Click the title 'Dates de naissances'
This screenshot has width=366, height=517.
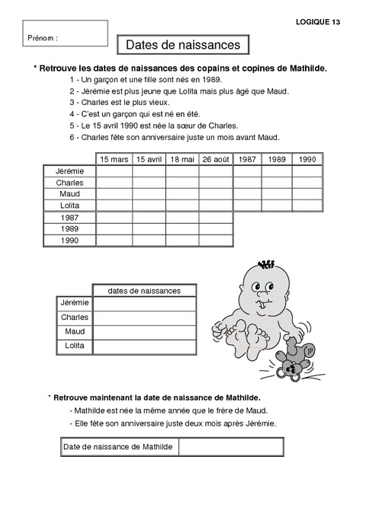point(182,46)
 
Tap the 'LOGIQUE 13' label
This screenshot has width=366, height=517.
point(318,22)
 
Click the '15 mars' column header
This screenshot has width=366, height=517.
point(114,159)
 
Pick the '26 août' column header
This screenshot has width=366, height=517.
point(216,159)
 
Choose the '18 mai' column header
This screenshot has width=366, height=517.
point(182,159)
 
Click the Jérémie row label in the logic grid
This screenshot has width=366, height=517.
point(69,171)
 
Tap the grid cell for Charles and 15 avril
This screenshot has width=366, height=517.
point(149,183)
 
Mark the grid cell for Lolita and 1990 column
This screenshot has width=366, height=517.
point(307,206)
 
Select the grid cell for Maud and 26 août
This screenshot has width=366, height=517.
point(216,194)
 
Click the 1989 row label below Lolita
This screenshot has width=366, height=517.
point(69,228)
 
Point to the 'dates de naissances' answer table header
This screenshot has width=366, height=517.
point(144,290)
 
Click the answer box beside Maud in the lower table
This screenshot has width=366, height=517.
point(144,332)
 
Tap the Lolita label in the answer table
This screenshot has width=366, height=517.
point(75,346)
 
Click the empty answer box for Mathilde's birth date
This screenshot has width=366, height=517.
point(231,446)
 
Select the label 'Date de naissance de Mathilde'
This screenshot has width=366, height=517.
point(119,446)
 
